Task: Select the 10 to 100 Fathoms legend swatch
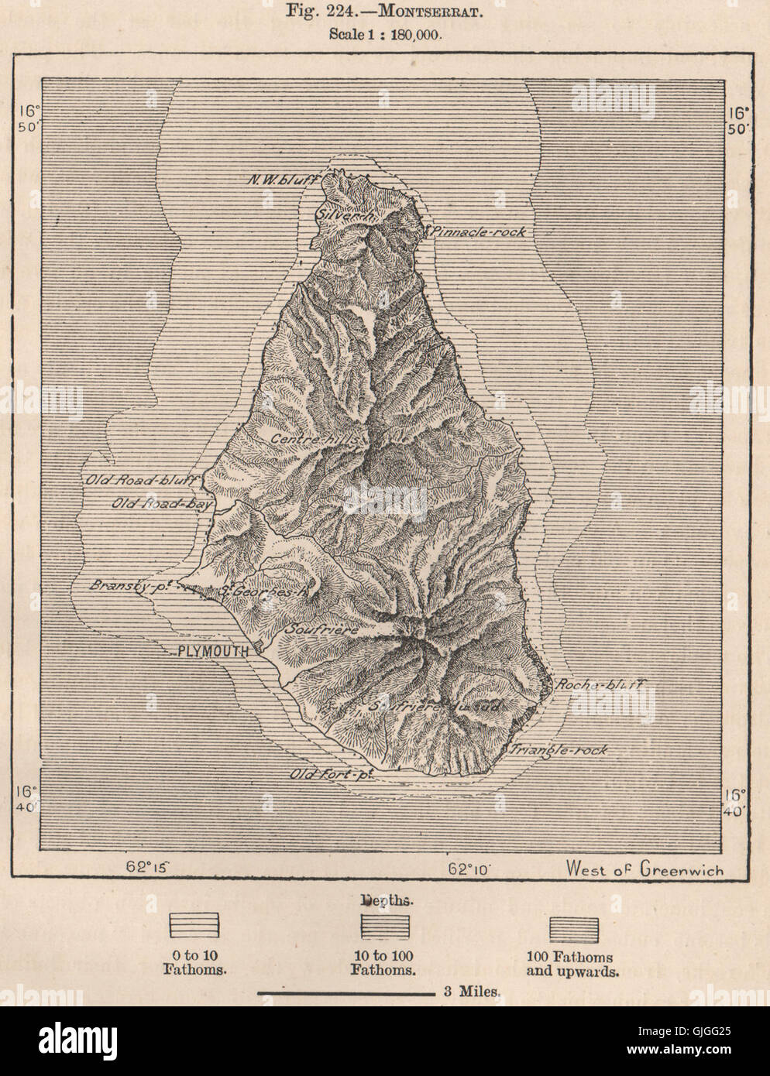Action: [384, 926]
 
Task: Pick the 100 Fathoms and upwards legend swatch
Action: [573, 926]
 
